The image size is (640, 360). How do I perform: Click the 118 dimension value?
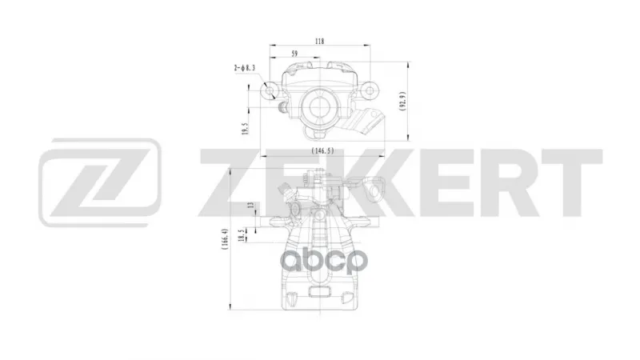(x=319, y=42)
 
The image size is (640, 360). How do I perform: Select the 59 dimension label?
(x=294, y=54)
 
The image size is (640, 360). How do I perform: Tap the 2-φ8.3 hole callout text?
(x=245, y=68)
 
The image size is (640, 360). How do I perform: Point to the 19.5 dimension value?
(x=245, y=129)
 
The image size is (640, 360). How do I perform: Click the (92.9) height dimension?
(x=402, y=102)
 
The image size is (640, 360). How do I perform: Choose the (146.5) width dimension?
(x=323, y=150)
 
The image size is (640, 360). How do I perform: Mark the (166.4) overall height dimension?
(x=225, y=239)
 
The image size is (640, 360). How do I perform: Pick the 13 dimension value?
(x=251, y=205)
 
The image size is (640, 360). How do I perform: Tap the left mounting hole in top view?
(x=270, y=90)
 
